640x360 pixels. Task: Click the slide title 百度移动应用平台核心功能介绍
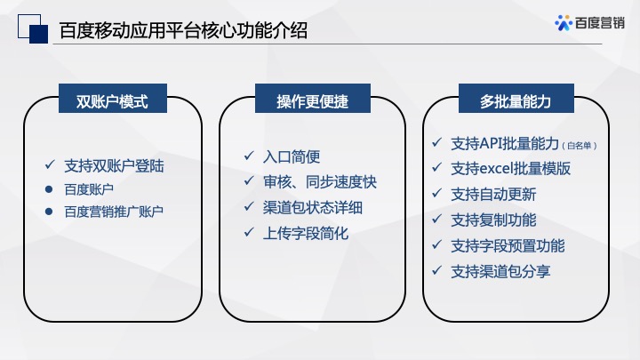(x=183, y=31)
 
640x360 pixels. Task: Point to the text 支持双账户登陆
(x=114, y=165)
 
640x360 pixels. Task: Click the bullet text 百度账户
(x=89, y=188)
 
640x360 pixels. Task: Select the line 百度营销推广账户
(x=114, y=212)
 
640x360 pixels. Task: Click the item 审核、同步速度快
(x=320, y=182)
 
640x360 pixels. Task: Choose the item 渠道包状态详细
(x=313, y=208)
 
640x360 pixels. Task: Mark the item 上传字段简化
(x=306, y=234)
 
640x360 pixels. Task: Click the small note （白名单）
(x=580, y=145)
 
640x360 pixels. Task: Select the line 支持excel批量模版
(x=511, y=168)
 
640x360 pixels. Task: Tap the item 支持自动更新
(x=493, y=194)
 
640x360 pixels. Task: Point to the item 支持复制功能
(x=493, y=220)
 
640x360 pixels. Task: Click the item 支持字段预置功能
(x=508, y=245)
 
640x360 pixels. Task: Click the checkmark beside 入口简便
(x=250, y=156)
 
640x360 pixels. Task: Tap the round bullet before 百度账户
(x=50, y=189)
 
